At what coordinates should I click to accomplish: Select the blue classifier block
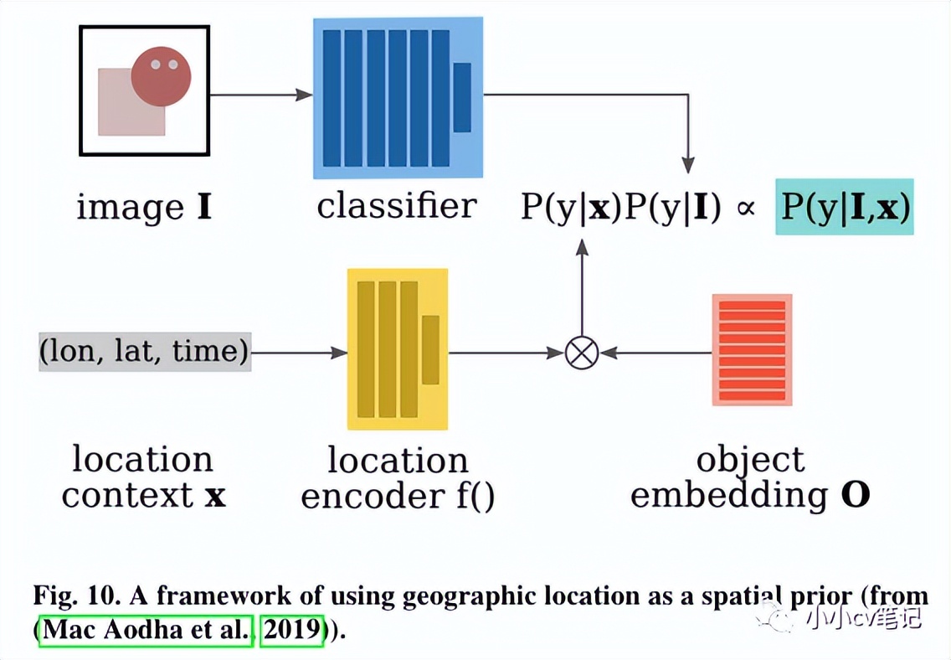pyautogui.click(x=398, y=97)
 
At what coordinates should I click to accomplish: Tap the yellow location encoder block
pyautogui.click(x=398, y=348)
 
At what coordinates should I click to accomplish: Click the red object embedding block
pyautogui.click(x=752, y=350)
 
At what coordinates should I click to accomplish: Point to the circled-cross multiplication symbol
pyautogui.click(x=580, y=353)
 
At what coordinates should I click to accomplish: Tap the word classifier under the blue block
pyautogui.click(x=397, y=206)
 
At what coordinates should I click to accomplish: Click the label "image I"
pyautogui.click(x=144, y=207)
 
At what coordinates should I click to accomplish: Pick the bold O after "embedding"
pyautogui.click(x=854, y=496)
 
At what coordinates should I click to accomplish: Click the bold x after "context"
pyautogui.click(x=215, y=497)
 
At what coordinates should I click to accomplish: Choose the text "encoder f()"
pyautogui.click(x=398, y=497)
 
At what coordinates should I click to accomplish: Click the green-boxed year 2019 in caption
pyautogui.click(x=291, y=630)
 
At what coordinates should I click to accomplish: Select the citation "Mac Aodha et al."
pyautogui.click(x=146, y=630)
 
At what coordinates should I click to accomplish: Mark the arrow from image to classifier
pyautogui.click(x=260, y=95)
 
